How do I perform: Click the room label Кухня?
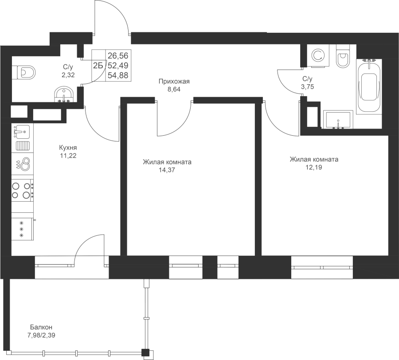pyautogui.click(x=68, y=148)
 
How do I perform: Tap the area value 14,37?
pyautogui.click(x=167, y=170)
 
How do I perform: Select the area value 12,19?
pyautogui.click(x=314, y=168)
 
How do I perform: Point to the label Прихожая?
pyautogui.click(x=174, y=82)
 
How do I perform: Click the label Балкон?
pyautogui.click(x=41, y=327)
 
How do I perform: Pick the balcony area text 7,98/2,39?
pyautogui.click(x=41, y=335)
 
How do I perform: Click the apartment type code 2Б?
pyautogui.click(x=98, y=66)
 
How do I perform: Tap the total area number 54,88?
pyautogui.click(x=118, y=75)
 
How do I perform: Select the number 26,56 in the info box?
pyautogui.click(x=118, y=55)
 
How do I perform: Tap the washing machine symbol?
pyautogui.click(x=318, y=56)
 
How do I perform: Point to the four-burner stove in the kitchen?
pyautogui.click(x=23, y=190)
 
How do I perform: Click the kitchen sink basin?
pyautogui.click(x=23, y=132)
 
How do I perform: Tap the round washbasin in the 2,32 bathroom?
pyautogui.click(x=64, y=94)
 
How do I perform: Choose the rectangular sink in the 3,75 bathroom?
pyautogui.click(x=338, y=119)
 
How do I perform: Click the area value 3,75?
pyautogui.click(x=307, y=87)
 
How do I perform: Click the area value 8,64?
pyautogui.click(x=174, y=90)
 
